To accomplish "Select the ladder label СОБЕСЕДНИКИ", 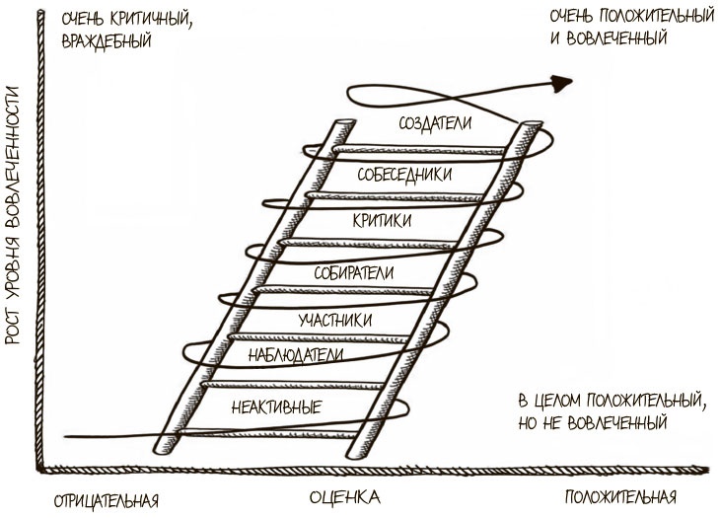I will (405, 174).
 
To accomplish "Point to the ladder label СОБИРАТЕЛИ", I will (354, 271).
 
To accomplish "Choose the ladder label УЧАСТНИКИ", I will (334, 320).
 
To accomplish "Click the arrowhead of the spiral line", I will (564, 84).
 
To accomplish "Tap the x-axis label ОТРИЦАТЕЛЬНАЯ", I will (108, 496).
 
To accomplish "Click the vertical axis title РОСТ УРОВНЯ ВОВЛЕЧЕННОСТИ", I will (14, 213).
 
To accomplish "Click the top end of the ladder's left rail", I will (342, 125).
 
